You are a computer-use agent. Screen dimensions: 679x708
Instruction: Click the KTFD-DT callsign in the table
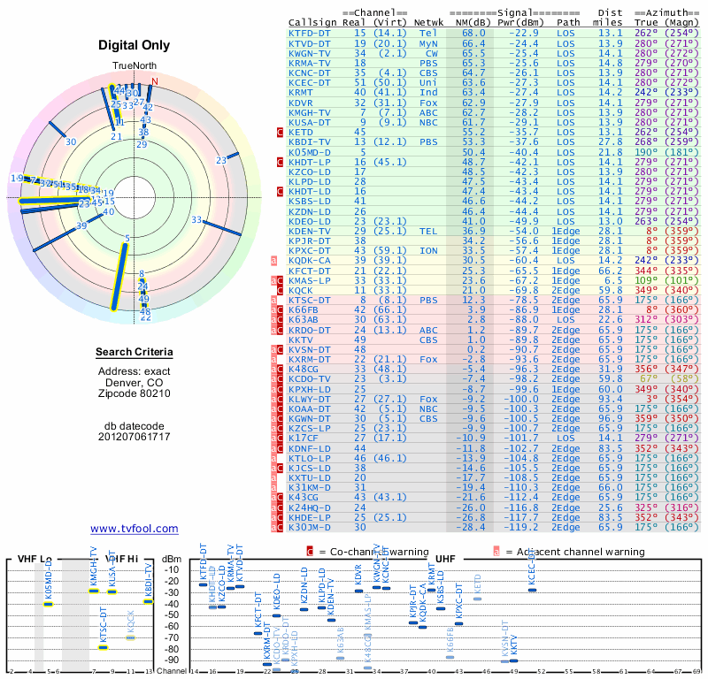[x=310, y=32]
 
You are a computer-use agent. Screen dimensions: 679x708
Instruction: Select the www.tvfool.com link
[x=134, y=529]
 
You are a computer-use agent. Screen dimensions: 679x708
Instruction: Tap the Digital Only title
[x=134, y=45]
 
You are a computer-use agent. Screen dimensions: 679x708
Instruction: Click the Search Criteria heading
[x=134, y=353]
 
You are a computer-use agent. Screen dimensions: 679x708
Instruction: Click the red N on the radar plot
[x=155, y=82]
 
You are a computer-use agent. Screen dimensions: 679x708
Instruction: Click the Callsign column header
[x=312, y=21]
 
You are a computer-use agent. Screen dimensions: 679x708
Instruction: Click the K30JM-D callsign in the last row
[x=310, y=527]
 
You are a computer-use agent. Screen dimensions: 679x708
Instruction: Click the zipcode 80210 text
[x=134, y=393]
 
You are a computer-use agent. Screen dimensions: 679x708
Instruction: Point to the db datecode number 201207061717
[x=134, y=437]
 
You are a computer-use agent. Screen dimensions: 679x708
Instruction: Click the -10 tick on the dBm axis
[x=173, y=568]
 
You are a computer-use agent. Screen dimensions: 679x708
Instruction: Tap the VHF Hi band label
[x=121, y=559]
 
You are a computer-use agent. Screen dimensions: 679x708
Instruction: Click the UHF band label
[x=445, y=559]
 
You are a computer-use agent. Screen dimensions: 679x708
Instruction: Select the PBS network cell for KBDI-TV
[x=428, y=141]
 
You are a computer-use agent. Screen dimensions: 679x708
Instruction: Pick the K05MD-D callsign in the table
[x=310, y=151]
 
